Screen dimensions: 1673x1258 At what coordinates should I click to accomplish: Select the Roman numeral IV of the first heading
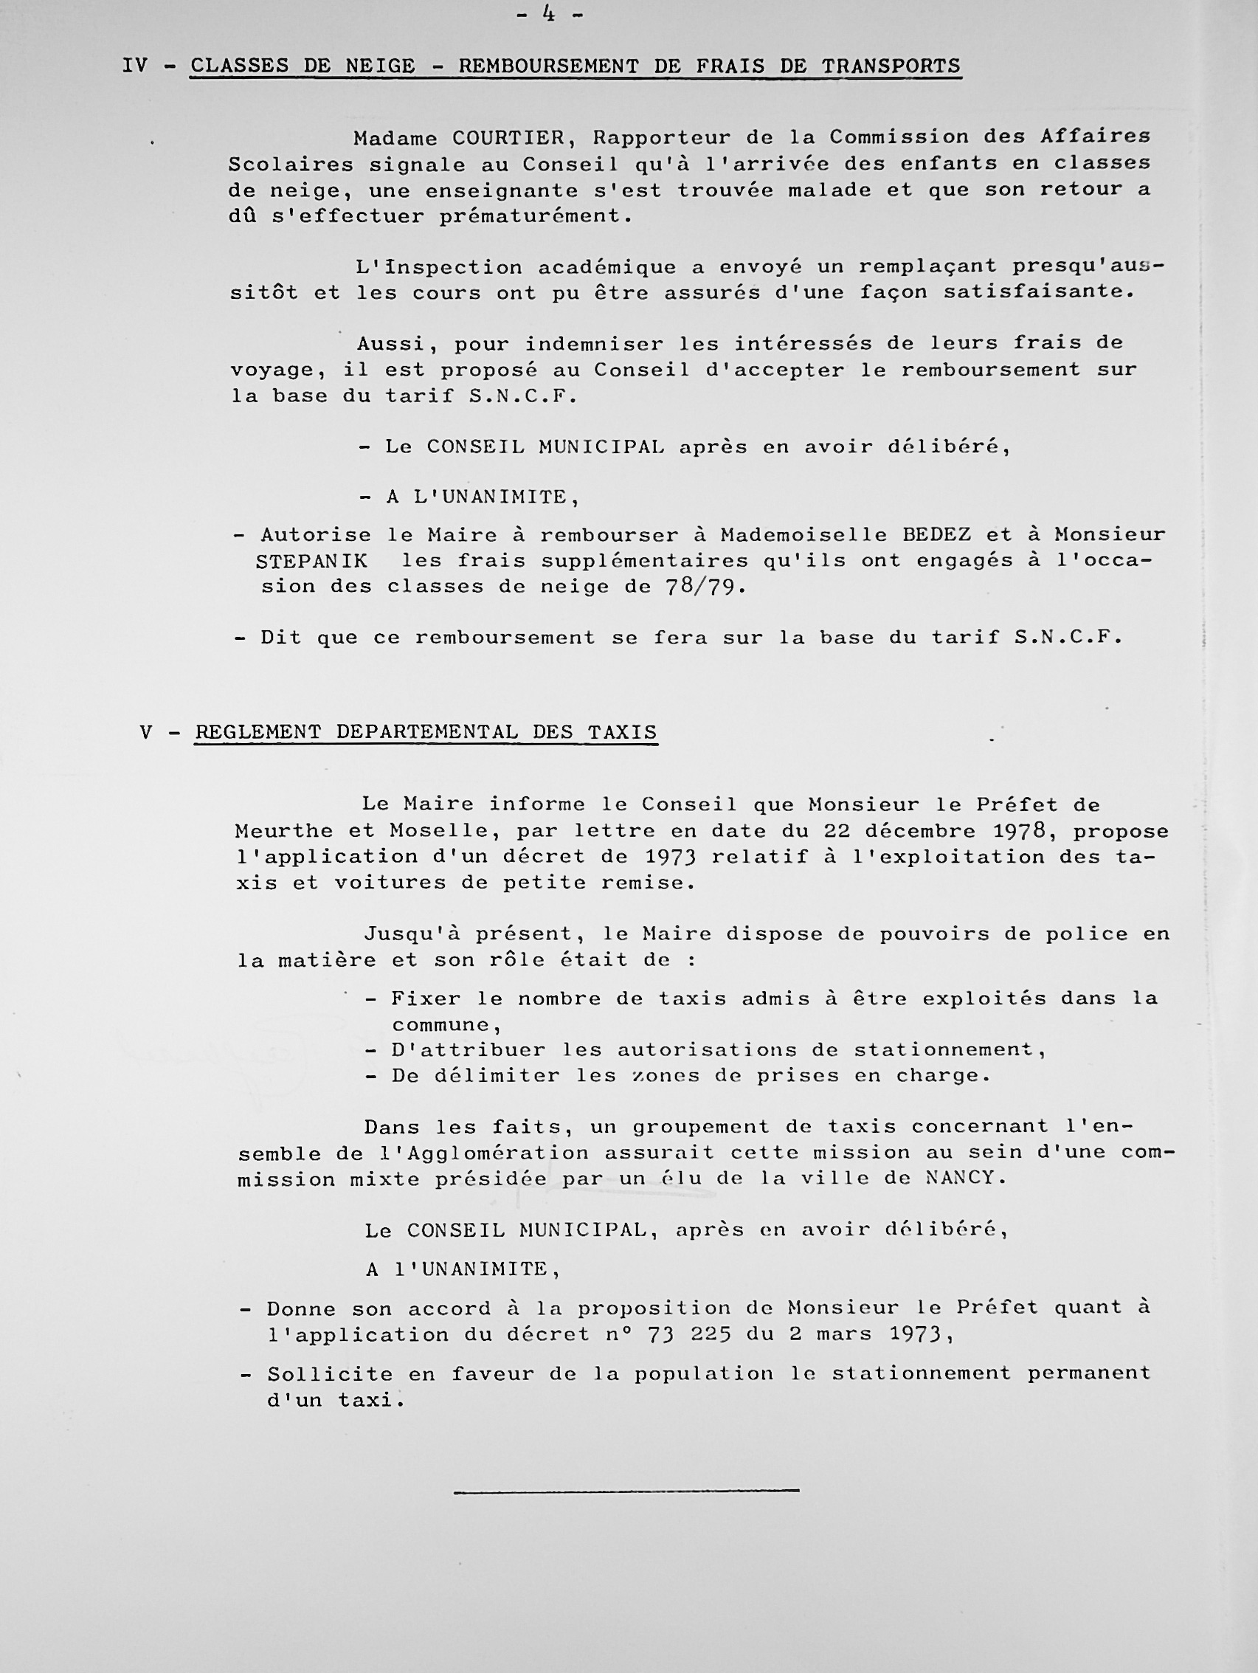point(135,66)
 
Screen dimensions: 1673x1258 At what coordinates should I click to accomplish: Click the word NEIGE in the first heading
point(380,66)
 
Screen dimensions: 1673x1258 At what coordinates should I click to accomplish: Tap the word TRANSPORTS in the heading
point(891,66)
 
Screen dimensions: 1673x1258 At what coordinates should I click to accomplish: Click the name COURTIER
point(508,138)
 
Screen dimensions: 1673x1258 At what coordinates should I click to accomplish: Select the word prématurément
point(535,215)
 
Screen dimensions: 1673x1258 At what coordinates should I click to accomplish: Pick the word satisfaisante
point(1040,292)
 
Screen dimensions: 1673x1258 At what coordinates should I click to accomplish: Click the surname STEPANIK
point(311,561)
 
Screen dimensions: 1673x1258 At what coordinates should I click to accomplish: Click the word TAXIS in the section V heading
point(621,732)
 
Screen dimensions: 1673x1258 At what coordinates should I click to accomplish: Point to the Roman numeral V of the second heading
point(146,732)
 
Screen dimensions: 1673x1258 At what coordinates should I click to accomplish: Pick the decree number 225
point(710,1334)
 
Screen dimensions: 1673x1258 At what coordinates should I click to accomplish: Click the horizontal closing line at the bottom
point(626,1490)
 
